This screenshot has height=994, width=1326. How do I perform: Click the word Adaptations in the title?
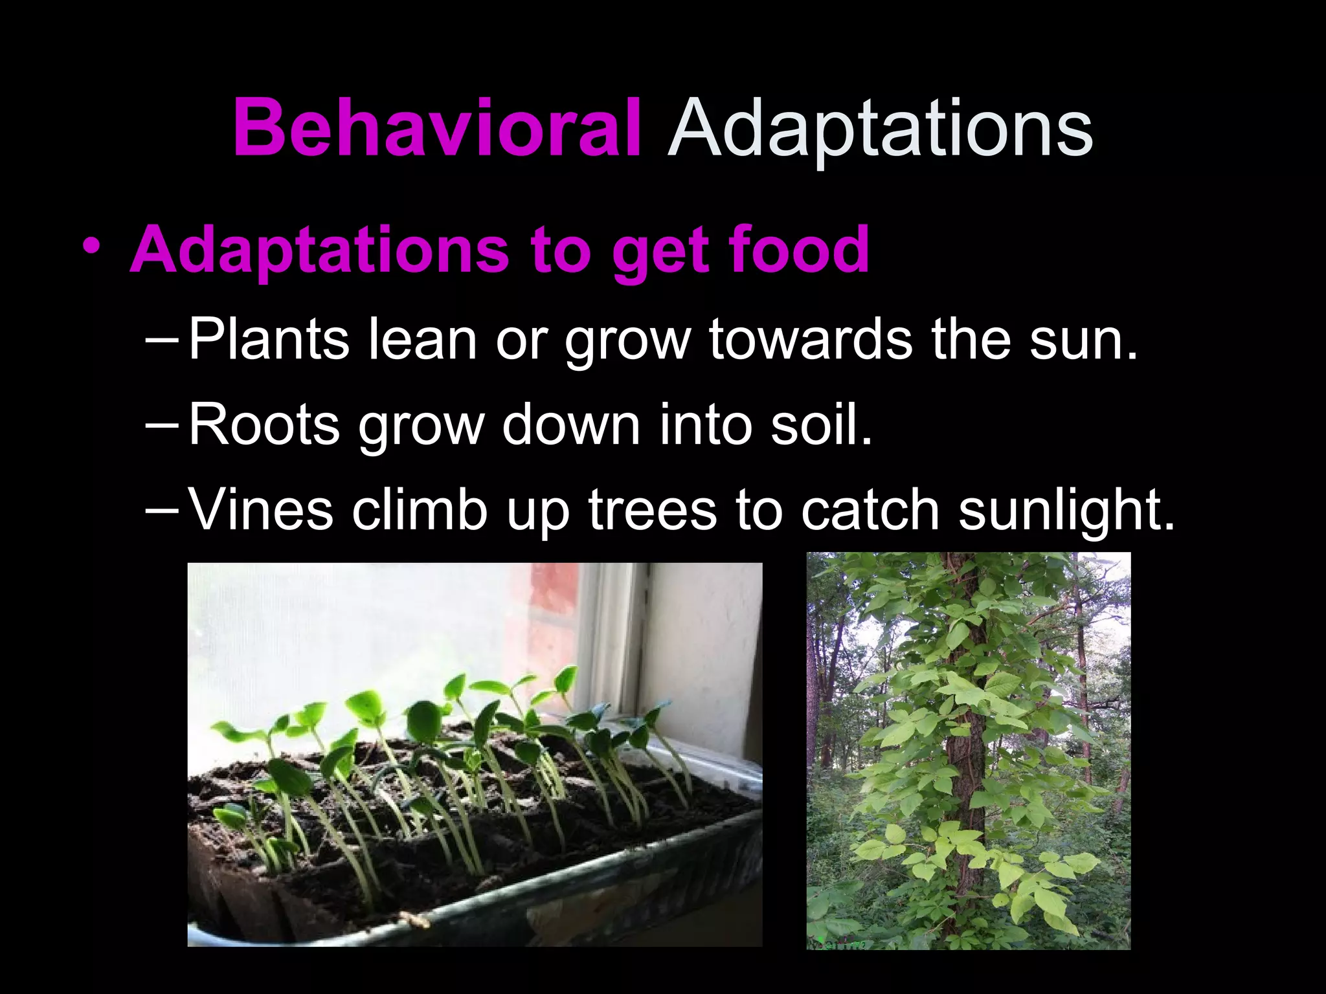pyautogui.click(x=880, y=129)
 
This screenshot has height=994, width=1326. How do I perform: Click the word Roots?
pyautogui.click(x=264, y=425)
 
